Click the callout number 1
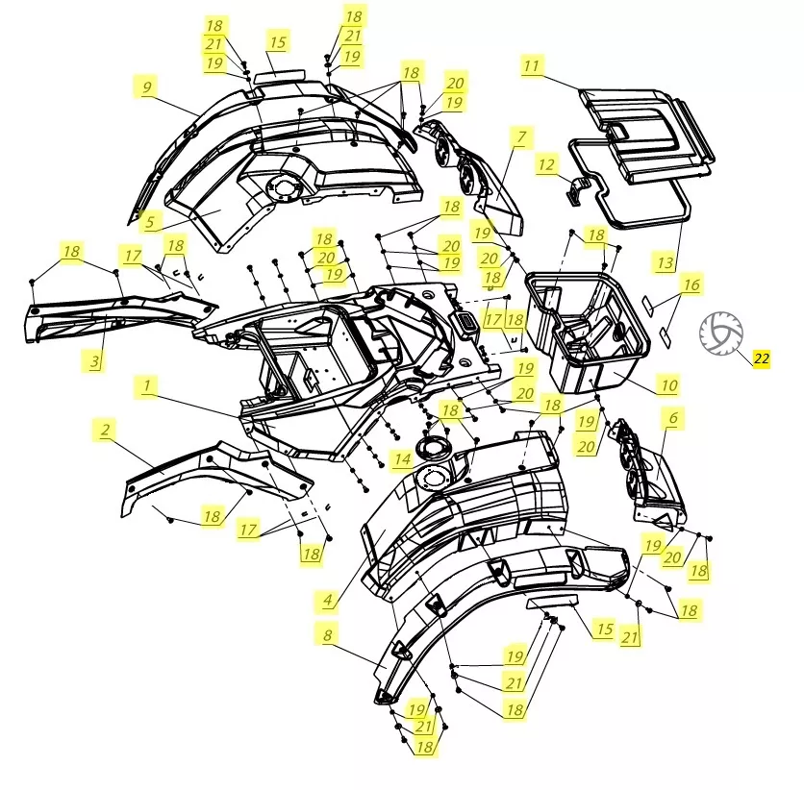[x=147, y=385]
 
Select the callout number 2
[x=105, y=430]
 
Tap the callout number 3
[x=94, y=361]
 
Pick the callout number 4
[x=328, y=600]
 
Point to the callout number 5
[x=150, y=222]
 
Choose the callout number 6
[x=673, y=417]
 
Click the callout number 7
[x=521, y=137]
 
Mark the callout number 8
[x=328, y=635]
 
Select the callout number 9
[x=146, y=86]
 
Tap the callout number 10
[x=669, y=385]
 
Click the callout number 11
[x=532, y=65]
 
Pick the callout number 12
[x=546, y=164]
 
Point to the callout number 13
[x=666, y=262]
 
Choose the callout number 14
[x=402, y=459]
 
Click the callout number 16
[x=691, y=284]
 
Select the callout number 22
[x=762, y=358]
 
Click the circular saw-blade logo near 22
[x=721, y=333]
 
